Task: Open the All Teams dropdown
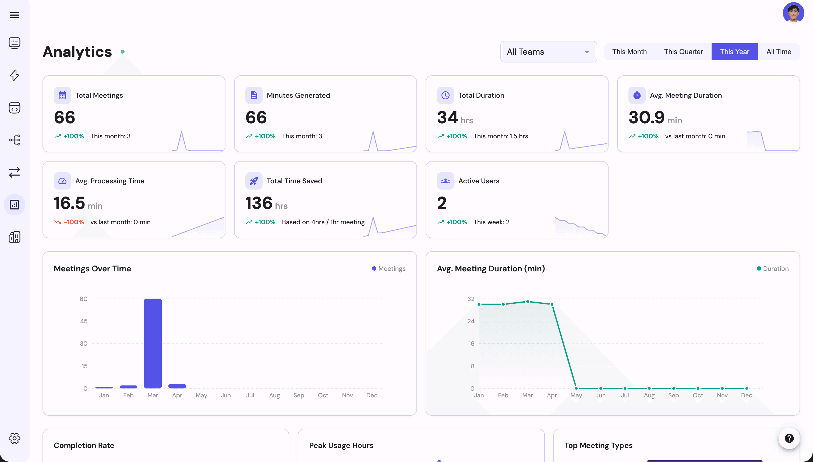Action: (548, 52)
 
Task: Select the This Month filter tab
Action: (629, 52)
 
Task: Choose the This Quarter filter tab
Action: (683, 52)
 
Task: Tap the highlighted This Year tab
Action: (734, 52)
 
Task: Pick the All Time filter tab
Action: (779, 52)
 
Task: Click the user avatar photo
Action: (793, 13)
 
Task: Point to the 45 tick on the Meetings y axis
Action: (84, 321)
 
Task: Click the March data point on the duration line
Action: (527, 302)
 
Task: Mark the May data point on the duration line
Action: (576, 388)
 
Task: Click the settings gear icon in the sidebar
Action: (14, 438)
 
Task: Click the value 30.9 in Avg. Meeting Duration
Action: (646, 117)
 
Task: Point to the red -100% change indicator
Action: (70, 222)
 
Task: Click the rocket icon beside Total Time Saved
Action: (254, 181)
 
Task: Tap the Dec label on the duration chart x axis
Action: (747, 395)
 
